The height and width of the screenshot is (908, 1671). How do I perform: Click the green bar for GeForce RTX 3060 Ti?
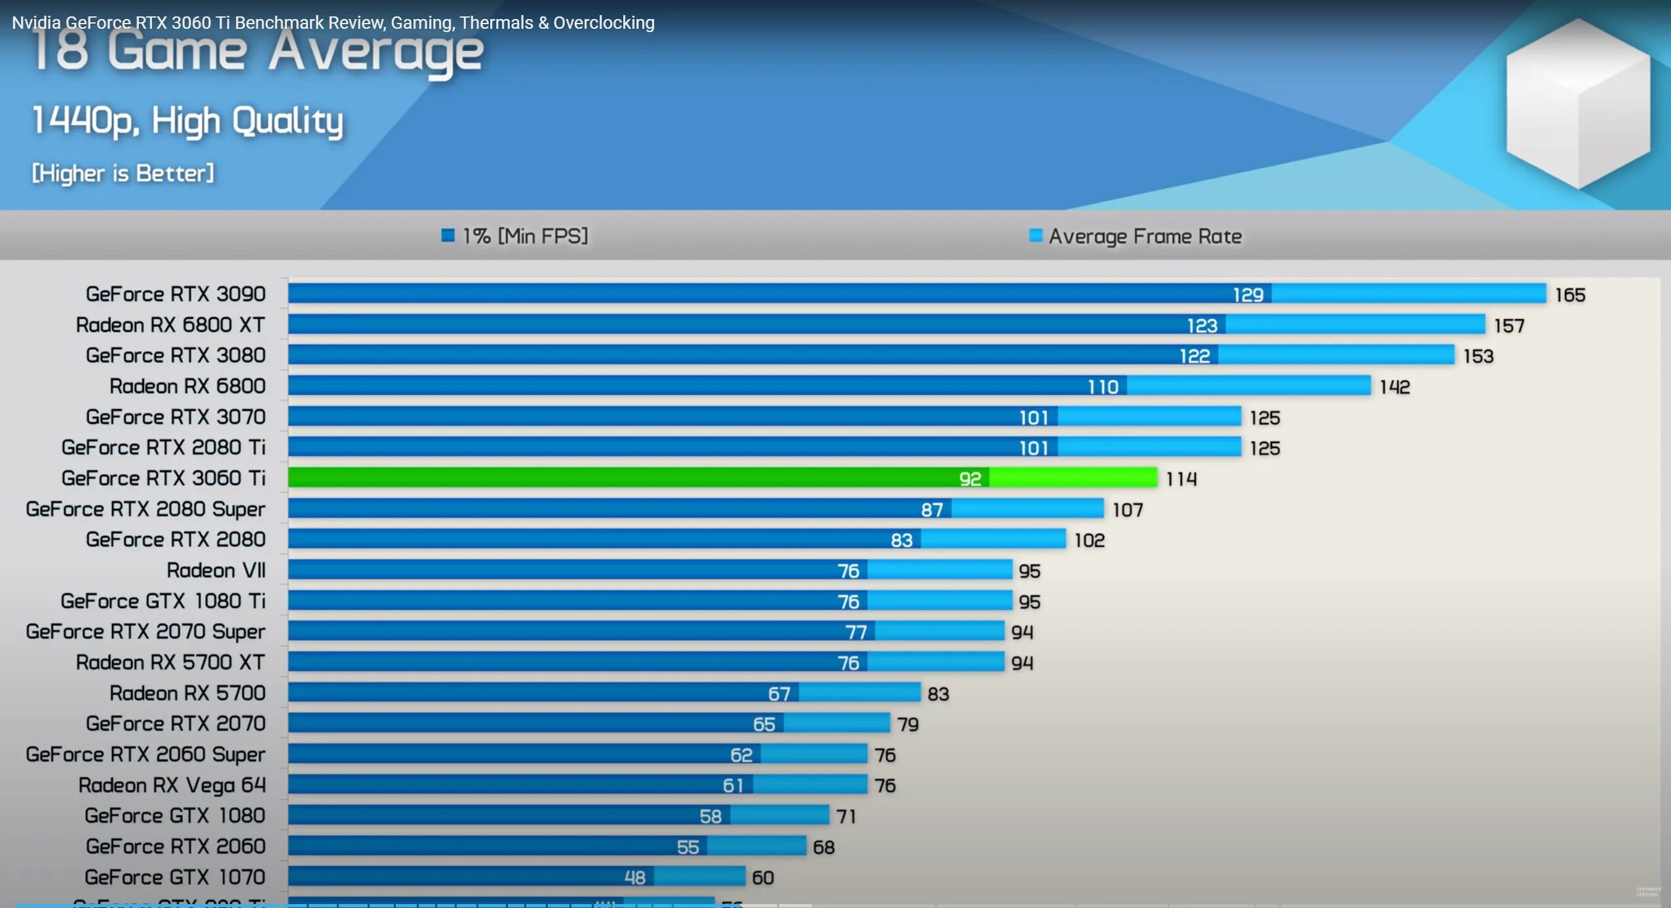coord(721,478)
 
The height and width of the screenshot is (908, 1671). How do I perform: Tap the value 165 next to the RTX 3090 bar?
coord(1570,295)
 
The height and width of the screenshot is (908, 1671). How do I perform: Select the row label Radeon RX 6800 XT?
coord(170,325)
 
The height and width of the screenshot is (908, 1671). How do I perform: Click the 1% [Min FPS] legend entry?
coord(515,236)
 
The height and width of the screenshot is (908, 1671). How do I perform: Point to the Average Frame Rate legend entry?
coord(1136,236)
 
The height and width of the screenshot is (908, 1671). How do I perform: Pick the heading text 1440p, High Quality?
coord(187,121)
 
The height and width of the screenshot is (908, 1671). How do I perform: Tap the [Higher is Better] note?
coord(123,174)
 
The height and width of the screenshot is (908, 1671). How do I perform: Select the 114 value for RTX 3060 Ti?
coord(1181,479)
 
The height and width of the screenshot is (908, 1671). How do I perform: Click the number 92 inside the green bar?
coord(970,479)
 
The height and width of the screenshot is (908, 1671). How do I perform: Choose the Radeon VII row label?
coord(216,571)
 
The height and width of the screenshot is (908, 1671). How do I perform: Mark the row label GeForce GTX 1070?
coord(175,877)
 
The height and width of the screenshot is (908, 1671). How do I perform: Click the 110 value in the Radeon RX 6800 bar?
coord(1103,387)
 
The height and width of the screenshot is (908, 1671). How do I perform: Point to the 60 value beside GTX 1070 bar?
coord(763,878)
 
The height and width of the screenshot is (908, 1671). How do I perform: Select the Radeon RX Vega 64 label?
coord(172,785)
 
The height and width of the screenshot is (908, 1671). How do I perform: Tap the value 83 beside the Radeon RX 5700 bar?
coord(938,694)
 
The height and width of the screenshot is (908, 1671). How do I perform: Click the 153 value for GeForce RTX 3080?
coord(1478,356)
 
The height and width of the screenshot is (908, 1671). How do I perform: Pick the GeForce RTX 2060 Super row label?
coord(145,755)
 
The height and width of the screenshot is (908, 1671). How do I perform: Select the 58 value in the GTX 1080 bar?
coord(710,816)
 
